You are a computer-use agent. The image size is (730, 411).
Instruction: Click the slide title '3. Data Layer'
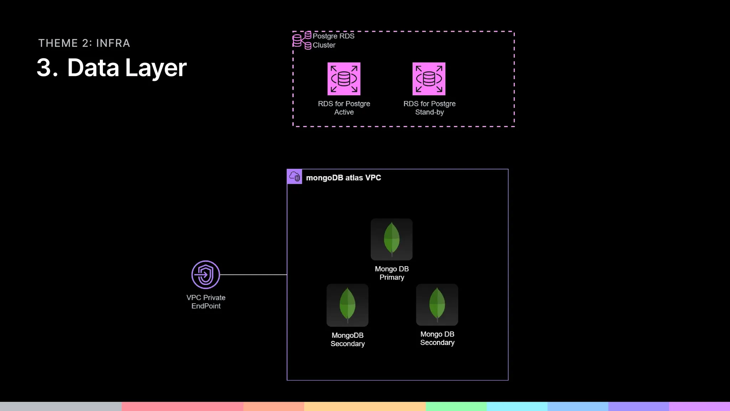coord(112,67)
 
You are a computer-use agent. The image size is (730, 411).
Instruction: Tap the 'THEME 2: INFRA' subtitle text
coord(84,43)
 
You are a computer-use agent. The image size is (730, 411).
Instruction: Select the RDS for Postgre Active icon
coord(344,79)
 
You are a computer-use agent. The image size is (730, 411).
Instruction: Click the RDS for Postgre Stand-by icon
coord(429,79)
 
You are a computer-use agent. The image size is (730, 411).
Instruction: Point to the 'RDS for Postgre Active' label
coord(344,108)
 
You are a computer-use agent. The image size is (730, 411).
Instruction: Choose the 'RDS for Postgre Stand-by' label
coord(430,108)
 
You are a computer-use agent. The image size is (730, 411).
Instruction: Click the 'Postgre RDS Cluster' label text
coord(333,40)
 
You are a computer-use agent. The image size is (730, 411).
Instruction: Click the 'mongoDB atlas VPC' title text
coord(343,178)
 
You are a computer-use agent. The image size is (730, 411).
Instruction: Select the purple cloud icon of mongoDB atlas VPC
coord(294,177)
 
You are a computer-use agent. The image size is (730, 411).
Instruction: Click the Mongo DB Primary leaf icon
coord(391,239)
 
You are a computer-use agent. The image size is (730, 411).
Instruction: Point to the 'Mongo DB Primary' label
coord(392,273)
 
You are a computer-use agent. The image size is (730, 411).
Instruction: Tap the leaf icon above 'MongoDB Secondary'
coord(347,305)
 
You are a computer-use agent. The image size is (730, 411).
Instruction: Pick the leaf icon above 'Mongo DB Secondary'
coord(437,304)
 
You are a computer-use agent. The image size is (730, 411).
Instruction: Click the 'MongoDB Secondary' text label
coord(348,339)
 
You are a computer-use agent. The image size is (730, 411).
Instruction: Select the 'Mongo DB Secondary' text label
coord(437,338)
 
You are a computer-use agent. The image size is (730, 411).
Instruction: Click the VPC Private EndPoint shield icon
coord(206,275)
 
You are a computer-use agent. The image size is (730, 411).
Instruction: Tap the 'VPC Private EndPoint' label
coord(206,301)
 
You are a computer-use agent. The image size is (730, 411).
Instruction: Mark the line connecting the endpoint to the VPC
coord(253,275)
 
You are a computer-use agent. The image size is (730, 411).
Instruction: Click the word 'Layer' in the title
coord(156,67)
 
